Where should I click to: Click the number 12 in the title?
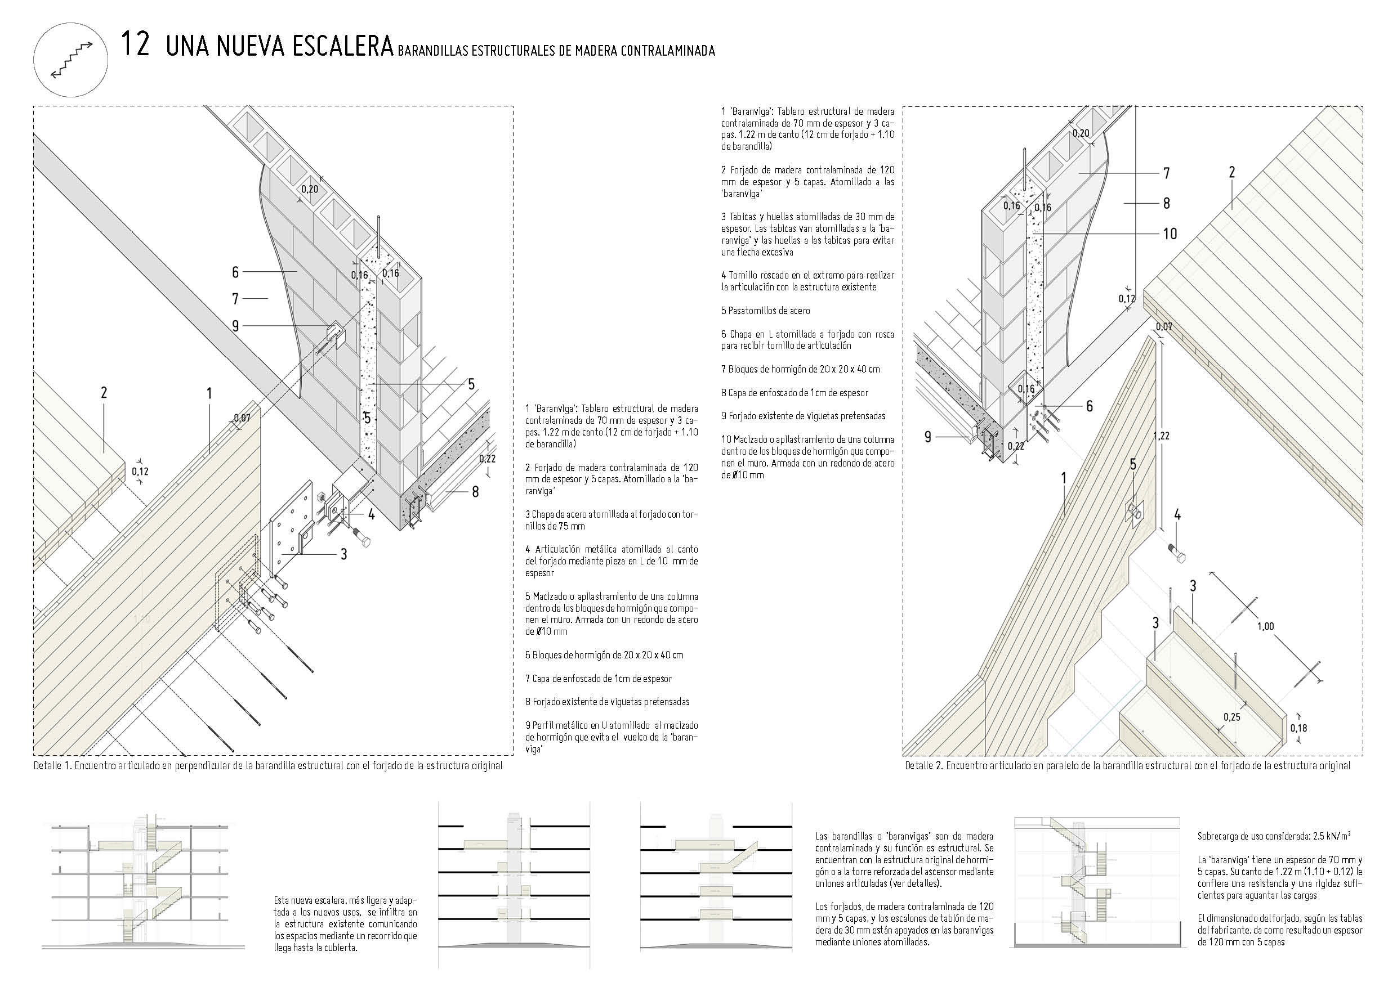click(135, 46)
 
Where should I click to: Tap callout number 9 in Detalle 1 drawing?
click(235, 326)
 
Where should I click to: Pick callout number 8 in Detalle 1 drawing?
click(475, 491)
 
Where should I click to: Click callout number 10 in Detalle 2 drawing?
click(1170, 234)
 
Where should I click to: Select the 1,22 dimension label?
click(1161, 436)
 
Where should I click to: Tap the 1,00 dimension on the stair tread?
click(1265, 626)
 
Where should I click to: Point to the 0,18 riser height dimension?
click(1298, 728)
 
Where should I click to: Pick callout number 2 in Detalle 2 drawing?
click(1232, 172)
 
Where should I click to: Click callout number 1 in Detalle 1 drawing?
click(209, 393)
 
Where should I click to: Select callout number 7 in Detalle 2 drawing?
click(1166, 173)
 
